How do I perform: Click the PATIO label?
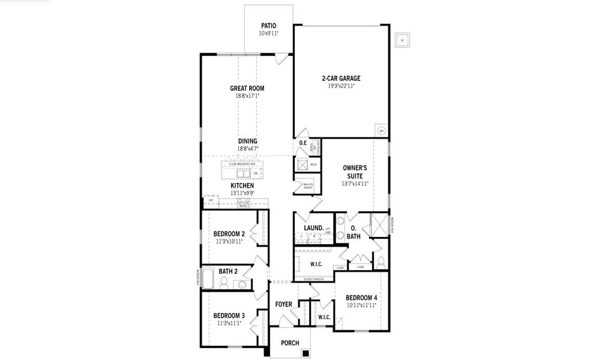point(268,26)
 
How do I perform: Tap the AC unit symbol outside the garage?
point(402,41)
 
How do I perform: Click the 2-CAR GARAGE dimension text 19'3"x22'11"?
point(341,86)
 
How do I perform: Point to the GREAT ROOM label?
point(247,88)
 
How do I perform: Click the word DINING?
point(247,141)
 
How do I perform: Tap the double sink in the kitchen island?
point(243,174)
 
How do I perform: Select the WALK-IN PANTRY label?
point(307,186)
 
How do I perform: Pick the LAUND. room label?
point(313,228)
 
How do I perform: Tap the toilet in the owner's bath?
point(381,262)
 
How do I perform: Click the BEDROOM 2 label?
point(229,233)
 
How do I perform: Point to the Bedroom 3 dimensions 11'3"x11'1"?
point(229,323)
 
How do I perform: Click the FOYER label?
point(283,304)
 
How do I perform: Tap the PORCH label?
point(290,343)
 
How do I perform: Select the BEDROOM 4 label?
point(361,298)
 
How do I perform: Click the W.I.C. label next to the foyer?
point(324,317)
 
